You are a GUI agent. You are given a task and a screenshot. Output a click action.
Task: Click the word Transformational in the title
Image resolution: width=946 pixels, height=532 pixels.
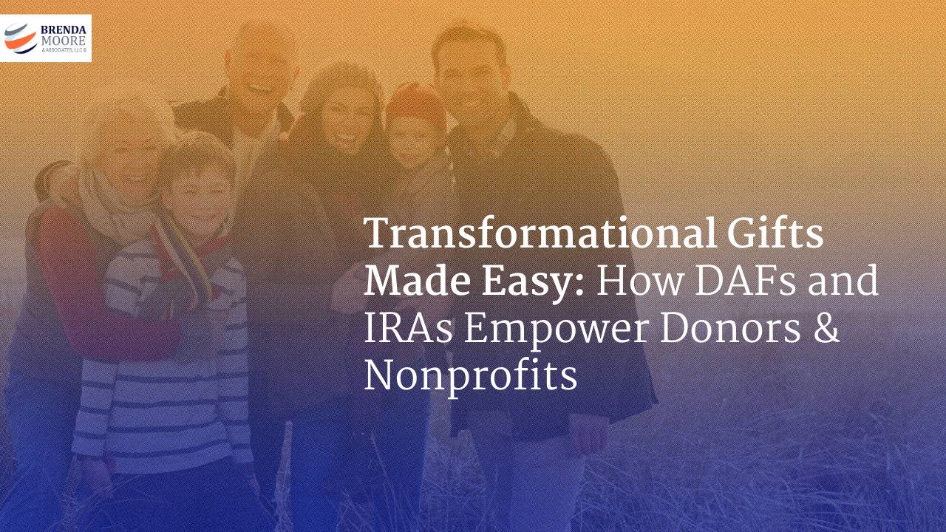[x=532, y=234]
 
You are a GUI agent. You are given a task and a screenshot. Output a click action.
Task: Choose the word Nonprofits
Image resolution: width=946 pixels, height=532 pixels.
[x=470, y=378]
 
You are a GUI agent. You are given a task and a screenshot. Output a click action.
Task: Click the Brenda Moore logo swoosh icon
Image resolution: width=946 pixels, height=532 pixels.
[x=20, y=38]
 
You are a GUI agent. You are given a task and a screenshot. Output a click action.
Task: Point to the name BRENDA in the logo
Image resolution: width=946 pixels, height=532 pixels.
[x=64, y=30]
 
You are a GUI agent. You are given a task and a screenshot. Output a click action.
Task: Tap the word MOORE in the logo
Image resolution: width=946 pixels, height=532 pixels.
[x=64, y=40]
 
